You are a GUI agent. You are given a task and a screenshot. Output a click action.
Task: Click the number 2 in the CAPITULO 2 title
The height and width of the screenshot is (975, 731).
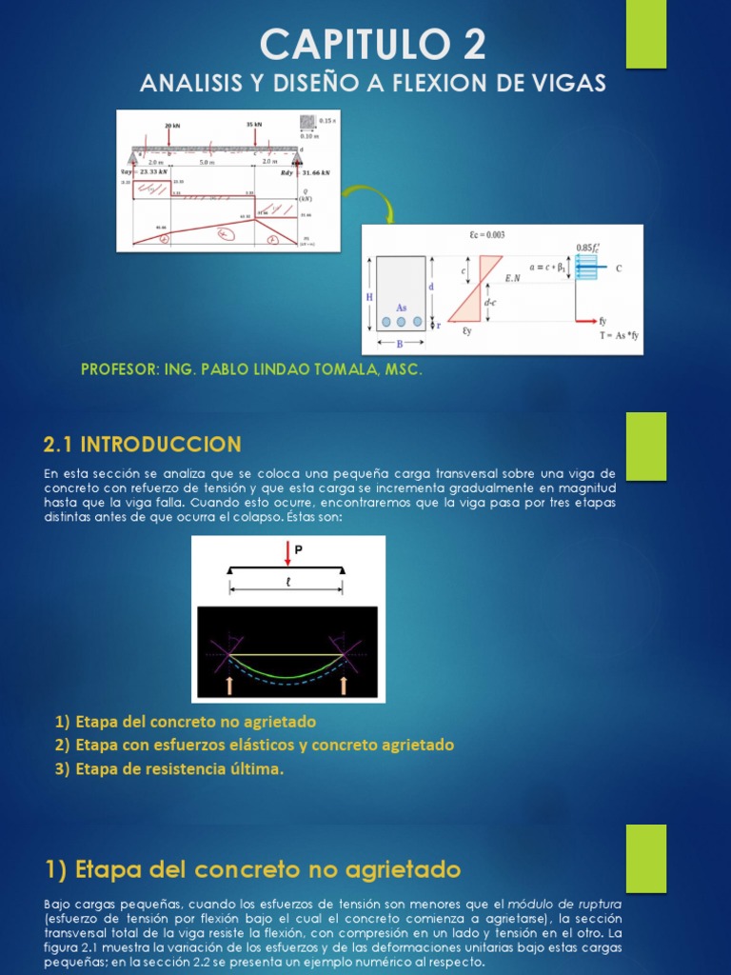pyautogui.click(x=469, y=45)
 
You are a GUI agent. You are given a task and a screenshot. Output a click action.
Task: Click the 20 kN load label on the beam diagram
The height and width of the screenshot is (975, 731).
pyautogui.click(x=171, y=125)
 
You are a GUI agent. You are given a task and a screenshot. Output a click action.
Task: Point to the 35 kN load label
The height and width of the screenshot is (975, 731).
pyautogui.click(x=254, y=125)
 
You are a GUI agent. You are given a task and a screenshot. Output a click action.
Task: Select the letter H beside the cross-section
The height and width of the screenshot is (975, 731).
pyautogui.click(x=369, y=297)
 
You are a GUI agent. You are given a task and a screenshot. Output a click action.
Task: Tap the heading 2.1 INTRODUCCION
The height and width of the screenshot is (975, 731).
pyautogui.click(x=143, y=445)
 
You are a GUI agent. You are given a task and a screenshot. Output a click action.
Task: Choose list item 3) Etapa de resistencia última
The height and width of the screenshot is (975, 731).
pyautogui.click(x=169, y=769)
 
